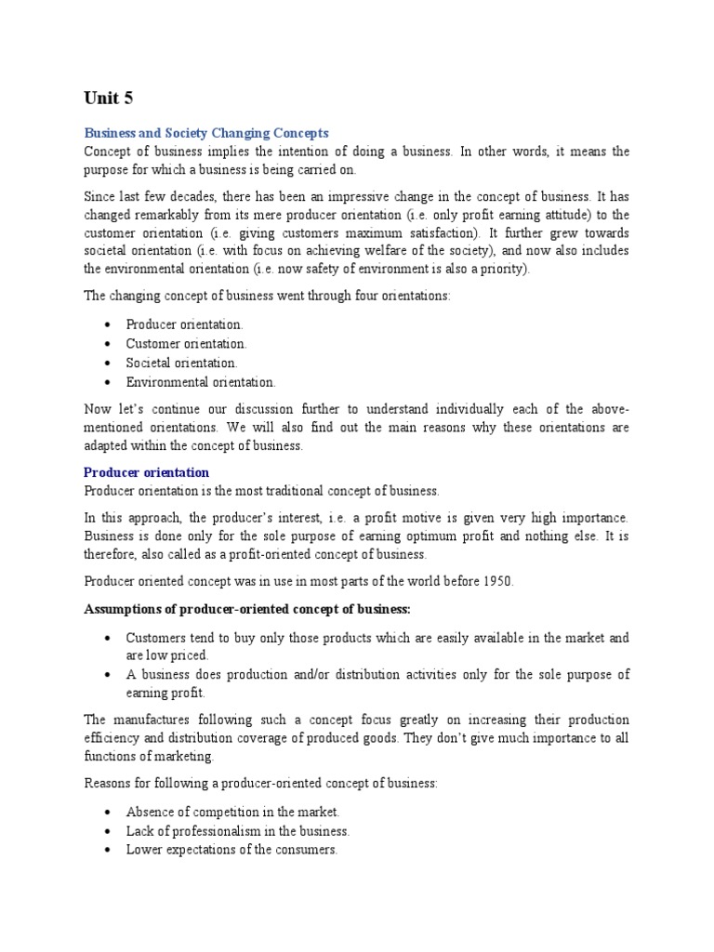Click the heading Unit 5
(x=110, y=99)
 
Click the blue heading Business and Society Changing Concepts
(x=206, y=133)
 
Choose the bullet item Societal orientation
(x=182, y=363)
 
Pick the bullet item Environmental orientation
(x=201, y=381)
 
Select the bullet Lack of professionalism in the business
(x=238, y=830)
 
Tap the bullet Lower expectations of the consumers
(x=231, y=850)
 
